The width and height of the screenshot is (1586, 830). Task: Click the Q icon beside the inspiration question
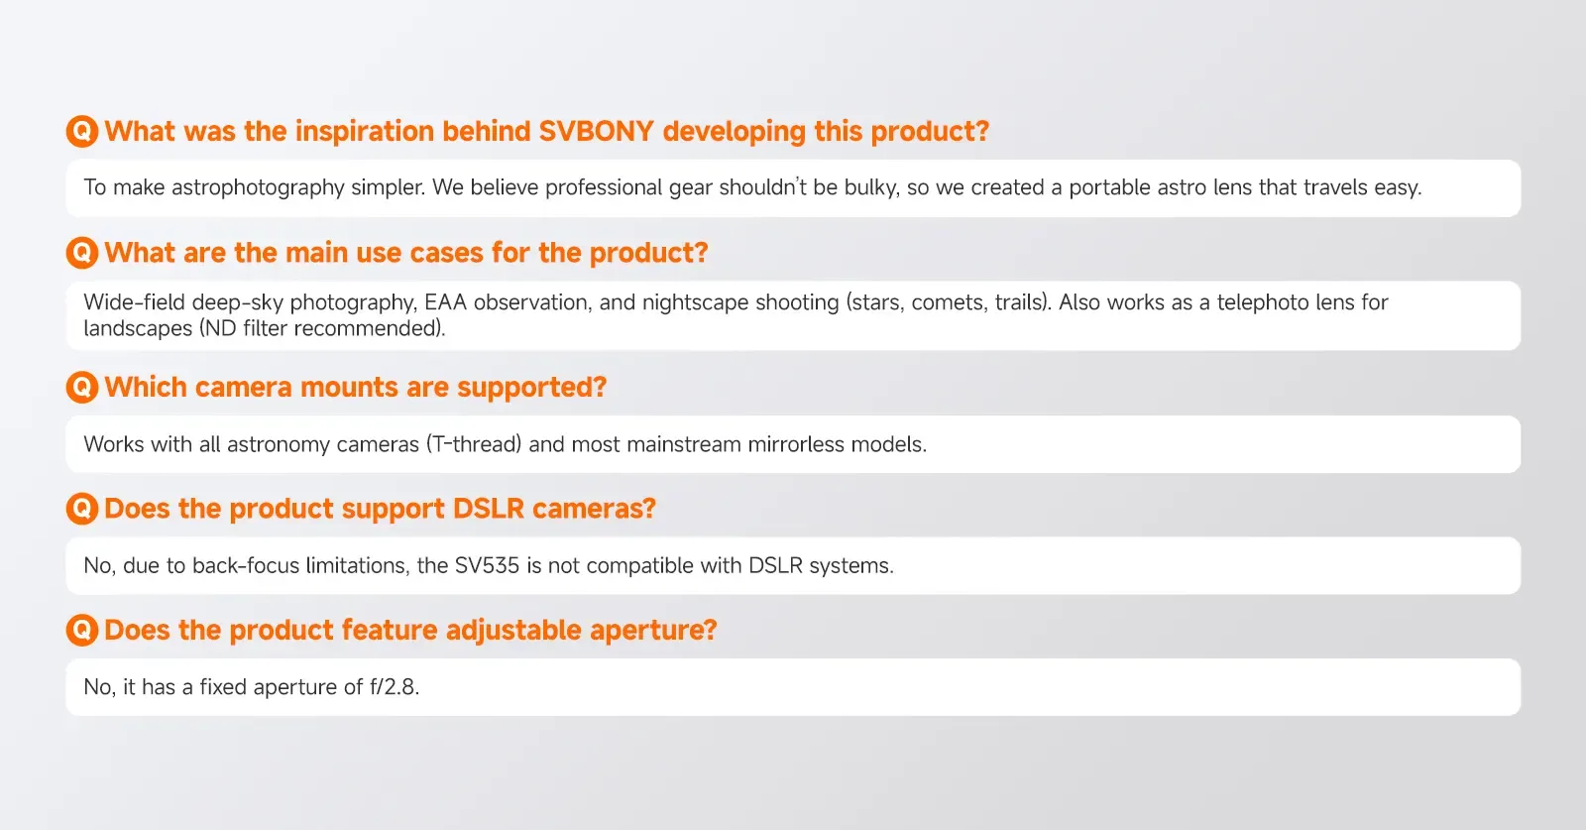point(82,131)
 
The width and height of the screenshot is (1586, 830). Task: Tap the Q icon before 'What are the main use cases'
point(82,252)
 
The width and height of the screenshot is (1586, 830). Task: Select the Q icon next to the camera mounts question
point(82,387)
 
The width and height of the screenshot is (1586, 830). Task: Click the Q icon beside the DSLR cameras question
point(82,509)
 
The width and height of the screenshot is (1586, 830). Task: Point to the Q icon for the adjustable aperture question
point(82,630)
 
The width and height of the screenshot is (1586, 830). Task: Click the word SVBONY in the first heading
point(596,131)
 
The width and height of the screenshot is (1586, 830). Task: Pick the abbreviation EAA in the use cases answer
point(445,302)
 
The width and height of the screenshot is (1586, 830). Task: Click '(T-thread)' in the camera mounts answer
point(474,444)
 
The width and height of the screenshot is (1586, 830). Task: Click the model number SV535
point(487,566)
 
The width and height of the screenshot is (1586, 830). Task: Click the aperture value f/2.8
point(395,687)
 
